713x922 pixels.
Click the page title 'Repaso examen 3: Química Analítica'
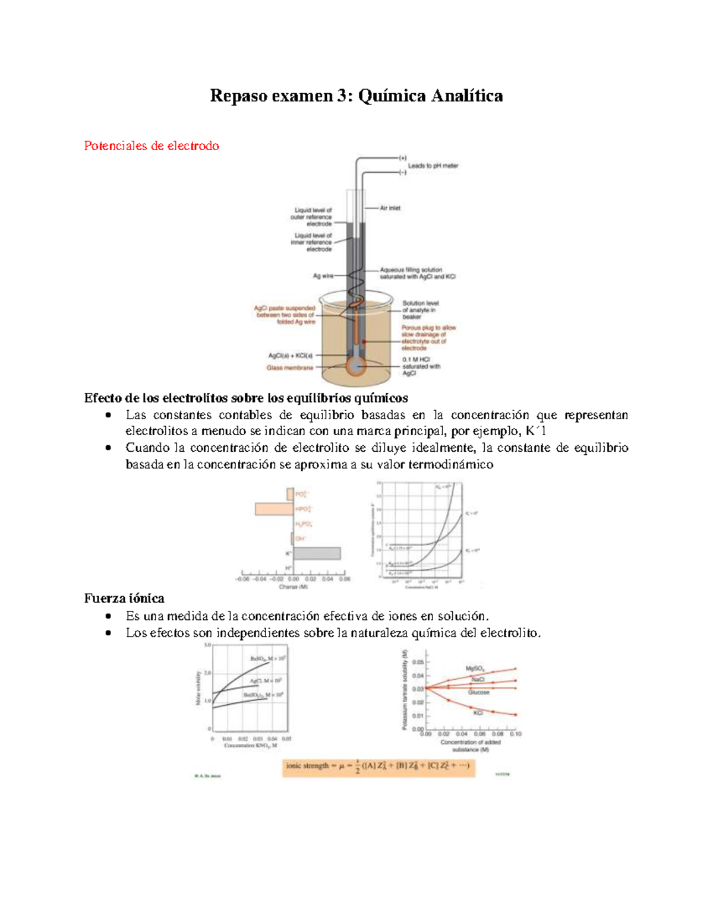click(x=356, y=96)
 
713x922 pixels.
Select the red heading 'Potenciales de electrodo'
click(x=152, y=146)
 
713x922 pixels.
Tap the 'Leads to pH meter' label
click(x=433, y=166)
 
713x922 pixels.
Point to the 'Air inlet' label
click(x=390, y=208)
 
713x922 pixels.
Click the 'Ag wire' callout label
click(x=323, y=276)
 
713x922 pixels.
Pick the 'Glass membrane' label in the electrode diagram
click(x=289, y=368)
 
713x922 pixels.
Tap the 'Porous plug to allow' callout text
click(x=428, y=328)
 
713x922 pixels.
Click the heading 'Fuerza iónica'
click(x=124, y=598)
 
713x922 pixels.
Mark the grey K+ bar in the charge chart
click(x=317, y=553)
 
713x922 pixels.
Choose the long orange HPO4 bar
click(x=274, y=509)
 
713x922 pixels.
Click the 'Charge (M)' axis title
click(x=293, y=587)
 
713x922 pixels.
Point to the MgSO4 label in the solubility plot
click(x=474, y=668)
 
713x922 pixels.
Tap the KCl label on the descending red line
click(x=478, y=713)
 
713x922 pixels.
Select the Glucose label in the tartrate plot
click(x=478, y=692)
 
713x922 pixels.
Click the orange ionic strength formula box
click(x=378, y=766)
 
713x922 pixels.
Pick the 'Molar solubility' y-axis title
click(x=198, y=688)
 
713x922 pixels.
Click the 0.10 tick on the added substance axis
click(x=515, y=734)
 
